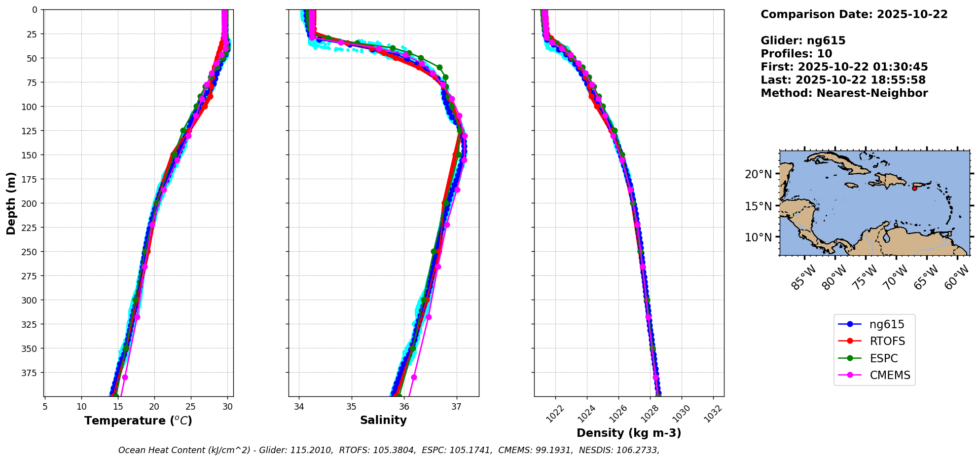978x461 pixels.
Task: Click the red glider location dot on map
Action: point(914,188)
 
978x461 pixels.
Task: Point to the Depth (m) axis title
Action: point(11,203)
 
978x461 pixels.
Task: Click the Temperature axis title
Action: point(138,421)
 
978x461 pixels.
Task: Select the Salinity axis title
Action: point(383,420)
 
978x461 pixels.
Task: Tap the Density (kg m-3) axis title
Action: point(629,433)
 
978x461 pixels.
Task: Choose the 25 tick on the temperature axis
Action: point(191,407)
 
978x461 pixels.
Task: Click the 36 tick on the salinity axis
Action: point(404,407)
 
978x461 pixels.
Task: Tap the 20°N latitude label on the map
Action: point(758,174)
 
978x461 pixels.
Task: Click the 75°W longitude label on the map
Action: point(867,277)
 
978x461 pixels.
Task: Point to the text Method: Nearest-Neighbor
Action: point(844,93)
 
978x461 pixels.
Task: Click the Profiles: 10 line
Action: point(796,54)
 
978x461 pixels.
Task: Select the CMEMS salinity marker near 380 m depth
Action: point(414,377)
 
